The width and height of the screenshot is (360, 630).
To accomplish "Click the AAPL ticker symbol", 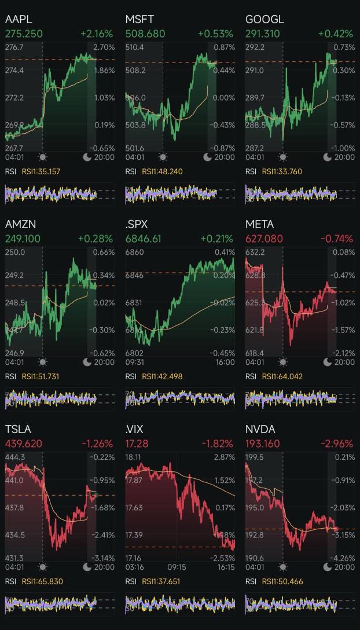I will coord(19,19).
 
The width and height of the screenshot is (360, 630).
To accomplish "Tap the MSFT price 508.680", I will coord(145,34).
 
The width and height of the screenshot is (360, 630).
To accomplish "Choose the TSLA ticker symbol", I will coord(18,429).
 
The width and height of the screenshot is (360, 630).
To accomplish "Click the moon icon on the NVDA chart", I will coord(328,567).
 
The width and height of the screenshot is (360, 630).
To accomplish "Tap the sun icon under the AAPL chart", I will coord(43,157).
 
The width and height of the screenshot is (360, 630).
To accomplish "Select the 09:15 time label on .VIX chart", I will coord(177,567).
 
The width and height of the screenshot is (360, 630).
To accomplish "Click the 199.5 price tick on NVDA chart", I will coord(255,457).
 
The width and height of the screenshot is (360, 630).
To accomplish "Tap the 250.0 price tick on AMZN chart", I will coord(15,252).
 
